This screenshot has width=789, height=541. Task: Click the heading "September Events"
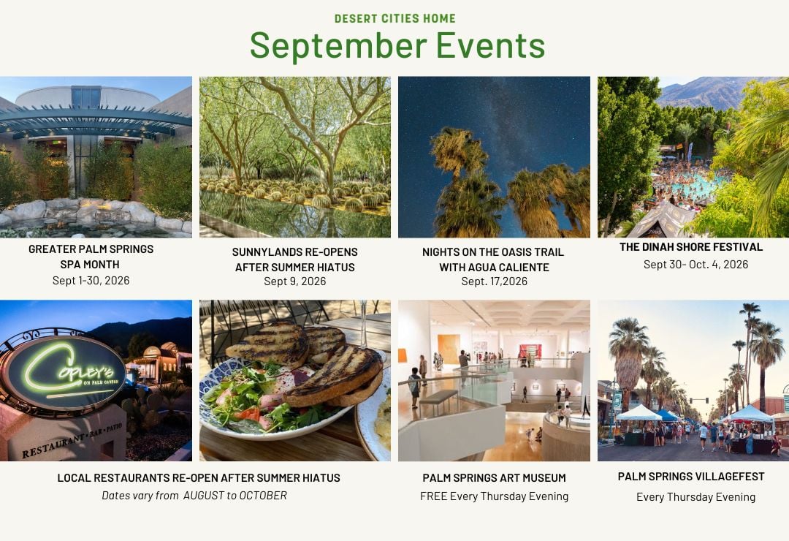coord(397,46)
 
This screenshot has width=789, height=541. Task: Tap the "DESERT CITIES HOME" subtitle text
coord(395,18)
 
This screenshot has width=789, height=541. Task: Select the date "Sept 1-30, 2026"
coord(91,281)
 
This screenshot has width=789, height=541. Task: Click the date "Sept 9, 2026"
coord(295,281)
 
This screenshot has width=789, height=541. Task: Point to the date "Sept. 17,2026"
coord(494,281)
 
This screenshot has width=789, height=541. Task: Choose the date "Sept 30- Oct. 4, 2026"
coord(696,265)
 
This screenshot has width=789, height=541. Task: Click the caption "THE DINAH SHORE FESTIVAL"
coord(691,247)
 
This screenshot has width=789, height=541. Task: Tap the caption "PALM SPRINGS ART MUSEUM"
coord(494,477)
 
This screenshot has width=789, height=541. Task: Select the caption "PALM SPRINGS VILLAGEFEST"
coord(691,477)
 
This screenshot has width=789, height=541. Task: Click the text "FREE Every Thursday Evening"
coord(494,496)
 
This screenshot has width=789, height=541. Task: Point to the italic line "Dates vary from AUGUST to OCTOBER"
coord(194,496)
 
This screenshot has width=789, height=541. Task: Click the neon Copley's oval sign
coord(63,373)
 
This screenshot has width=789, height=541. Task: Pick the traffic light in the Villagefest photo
coord(699,401)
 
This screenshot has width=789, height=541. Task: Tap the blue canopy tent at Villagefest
coord(667,415)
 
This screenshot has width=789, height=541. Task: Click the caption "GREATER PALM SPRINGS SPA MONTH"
coord(91,257)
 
